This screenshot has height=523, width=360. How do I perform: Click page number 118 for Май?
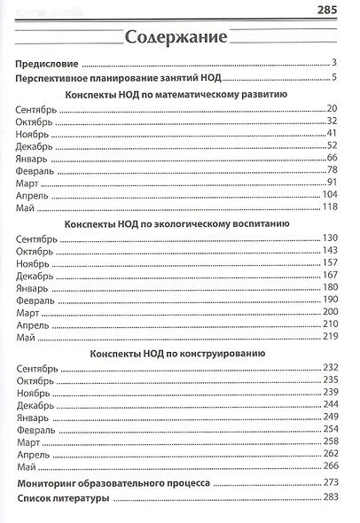(331, 207)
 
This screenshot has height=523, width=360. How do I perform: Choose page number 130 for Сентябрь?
(331, 238)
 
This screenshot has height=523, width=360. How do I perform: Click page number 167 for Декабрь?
(331, 275)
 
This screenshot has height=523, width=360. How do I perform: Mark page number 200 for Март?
(331, 312)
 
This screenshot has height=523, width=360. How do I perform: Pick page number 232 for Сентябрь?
(331, 368)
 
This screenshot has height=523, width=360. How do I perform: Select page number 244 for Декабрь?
(331, 404)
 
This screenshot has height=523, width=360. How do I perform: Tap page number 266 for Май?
(331, 466)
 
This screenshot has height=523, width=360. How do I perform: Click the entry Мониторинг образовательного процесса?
(113, 484)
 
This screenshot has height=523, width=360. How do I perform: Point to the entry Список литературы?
(64, 500)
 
